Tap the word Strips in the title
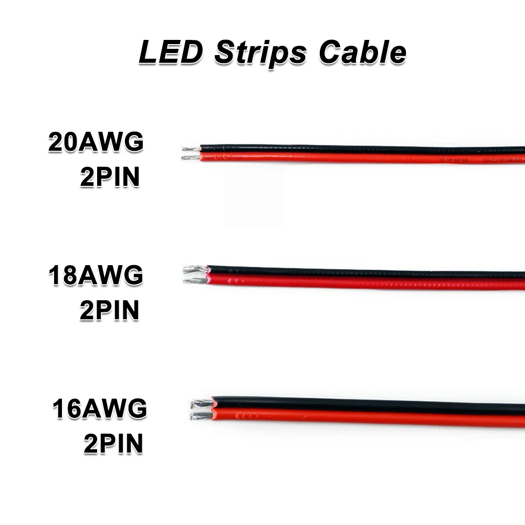point(260,54)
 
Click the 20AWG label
point(96,143)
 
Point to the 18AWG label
point(96,275)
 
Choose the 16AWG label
point(99,408)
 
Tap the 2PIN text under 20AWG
point(110,177)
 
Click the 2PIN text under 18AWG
point(110,310)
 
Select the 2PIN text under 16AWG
point(113,444)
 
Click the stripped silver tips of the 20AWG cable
point(191,153)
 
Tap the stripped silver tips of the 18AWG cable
point(195,275)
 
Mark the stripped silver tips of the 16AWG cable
point(202,410)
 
